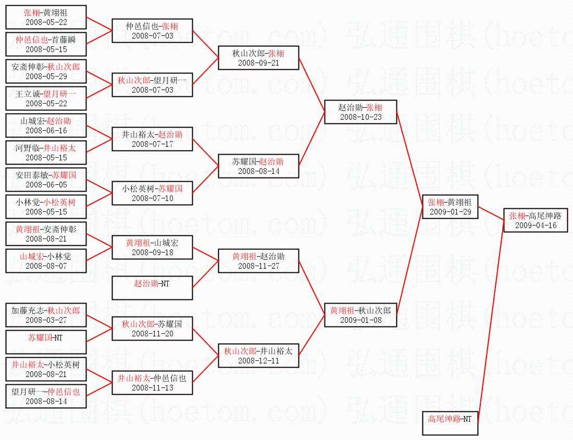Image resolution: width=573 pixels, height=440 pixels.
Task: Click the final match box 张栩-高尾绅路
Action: point(535,220)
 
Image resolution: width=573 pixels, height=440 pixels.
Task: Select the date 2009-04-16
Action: point(535,225)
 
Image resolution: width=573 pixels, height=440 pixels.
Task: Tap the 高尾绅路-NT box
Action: point(450,423)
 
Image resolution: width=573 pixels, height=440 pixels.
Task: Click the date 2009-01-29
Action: point(450,212)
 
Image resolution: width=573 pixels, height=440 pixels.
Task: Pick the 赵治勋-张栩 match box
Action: point(360,111)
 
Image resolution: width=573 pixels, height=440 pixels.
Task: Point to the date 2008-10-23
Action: point(360,117)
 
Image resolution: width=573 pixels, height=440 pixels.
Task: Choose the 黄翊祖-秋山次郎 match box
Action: point(360,315)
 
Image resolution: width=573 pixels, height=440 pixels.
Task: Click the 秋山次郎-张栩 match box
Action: point(258,57)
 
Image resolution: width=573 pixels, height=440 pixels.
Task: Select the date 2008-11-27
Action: point(258,266)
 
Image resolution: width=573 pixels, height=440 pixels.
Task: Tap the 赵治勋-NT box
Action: point(152,288)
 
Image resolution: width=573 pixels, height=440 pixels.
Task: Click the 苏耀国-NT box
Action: point(45,342)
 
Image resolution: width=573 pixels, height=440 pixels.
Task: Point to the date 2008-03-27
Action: point(45,320)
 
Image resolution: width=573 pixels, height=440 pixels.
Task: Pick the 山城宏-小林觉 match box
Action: point(45,260)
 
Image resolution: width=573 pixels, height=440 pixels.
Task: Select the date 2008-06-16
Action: point(45,131)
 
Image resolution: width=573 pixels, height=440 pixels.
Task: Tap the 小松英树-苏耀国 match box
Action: point(152,193)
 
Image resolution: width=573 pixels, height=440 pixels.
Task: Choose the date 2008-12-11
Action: point(258,361)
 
